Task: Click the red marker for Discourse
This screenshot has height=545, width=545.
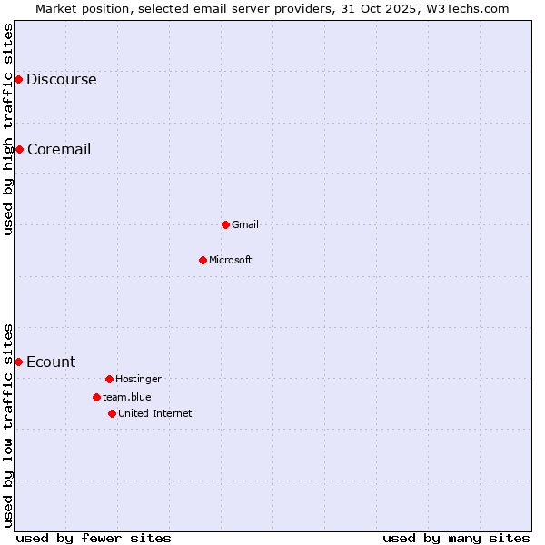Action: [18, 80]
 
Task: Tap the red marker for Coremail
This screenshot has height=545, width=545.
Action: [19, 149]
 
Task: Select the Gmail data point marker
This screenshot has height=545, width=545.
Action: [225, 224]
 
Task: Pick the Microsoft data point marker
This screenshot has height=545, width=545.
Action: [203, 260]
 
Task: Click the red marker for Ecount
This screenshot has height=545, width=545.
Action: [18, 362]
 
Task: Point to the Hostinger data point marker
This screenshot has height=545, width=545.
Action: [109, 379]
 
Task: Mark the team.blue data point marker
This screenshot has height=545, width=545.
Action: [96, 397]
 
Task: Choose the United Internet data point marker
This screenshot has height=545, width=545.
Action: [112, 413]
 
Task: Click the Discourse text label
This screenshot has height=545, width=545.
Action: [61, 80]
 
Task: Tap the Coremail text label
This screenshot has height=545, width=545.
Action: [59, 150]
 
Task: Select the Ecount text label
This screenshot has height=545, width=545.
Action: [51, 362]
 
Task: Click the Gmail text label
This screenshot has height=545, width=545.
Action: [245, 225]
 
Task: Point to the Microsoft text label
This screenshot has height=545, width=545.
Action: [231, 261]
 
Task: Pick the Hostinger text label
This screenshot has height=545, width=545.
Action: [138, 380]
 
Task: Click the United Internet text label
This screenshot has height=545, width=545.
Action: [155, 414]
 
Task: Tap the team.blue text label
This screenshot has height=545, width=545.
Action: [127, 398]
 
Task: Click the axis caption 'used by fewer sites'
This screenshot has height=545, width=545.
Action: [94, 538]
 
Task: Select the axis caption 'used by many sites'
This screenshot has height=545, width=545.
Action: [456, 538]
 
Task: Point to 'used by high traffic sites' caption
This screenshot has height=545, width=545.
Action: [8, 129]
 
